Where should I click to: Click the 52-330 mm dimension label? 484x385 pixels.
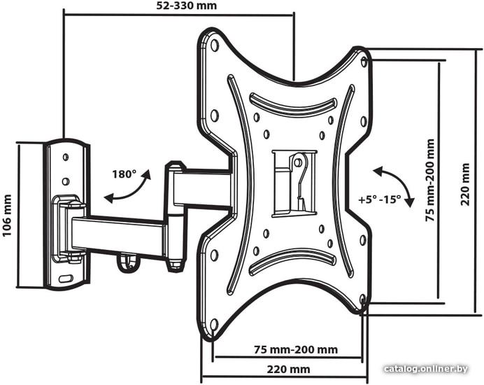pos(186,6)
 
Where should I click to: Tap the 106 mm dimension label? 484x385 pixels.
pos(7,216)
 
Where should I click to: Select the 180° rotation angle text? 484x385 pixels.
pos(124,174)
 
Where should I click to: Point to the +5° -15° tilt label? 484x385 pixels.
pos(379,199)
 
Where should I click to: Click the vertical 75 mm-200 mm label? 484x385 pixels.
pos(429,181)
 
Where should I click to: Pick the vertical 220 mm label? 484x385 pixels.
pos(465,184)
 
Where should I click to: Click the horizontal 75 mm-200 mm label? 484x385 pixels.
pos(296,350)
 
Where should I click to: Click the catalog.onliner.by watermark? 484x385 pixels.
pos(426,369)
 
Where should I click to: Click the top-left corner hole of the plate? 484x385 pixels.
pos(214,45)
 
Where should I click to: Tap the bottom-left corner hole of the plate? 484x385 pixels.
pos(214,325)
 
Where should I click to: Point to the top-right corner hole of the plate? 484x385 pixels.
pos(364,62)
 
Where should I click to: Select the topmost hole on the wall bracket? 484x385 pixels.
pos(66,157)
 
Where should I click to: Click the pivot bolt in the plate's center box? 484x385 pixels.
pos(298,162)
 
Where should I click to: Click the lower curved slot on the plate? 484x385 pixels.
pos(293,261)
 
